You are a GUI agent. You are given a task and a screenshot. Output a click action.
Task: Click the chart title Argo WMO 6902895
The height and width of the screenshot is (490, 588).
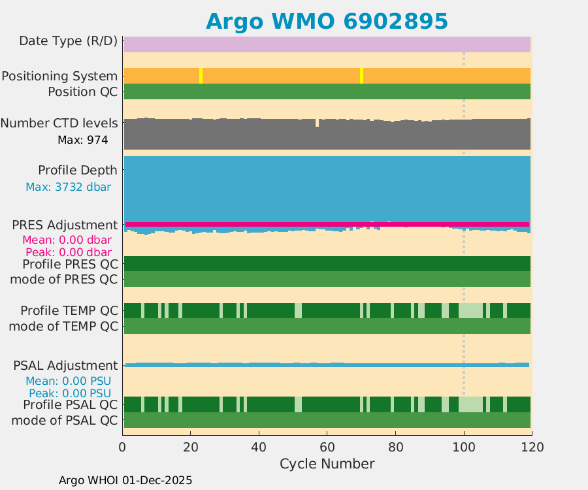(327, 21)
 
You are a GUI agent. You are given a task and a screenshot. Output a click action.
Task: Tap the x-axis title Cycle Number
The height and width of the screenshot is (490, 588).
(327, 464)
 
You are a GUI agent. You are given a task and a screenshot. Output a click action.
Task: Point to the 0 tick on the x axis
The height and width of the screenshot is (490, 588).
(122, 448)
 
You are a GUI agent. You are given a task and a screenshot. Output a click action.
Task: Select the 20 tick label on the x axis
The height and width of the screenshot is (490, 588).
(190, 448)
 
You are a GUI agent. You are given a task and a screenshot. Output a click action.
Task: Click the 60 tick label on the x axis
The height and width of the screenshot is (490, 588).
(327, 448)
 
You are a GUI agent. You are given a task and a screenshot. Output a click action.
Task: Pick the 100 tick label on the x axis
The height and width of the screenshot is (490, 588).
(463, 448)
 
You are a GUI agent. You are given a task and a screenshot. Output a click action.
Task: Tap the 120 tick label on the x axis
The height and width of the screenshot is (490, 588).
(532, 448)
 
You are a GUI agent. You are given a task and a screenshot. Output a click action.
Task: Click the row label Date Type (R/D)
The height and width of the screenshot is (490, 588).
(69, 41)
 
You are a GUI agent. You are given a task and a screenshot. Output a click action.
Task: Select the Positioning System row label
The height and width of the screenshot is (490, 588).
(59, 76)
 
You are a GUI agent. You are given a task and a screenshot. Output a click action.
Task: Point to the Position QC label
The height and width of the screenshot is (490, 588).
(83, 91)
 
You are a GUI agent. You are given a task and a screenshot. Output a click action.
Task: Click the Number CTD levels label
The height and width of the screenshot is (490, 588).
(59, 123)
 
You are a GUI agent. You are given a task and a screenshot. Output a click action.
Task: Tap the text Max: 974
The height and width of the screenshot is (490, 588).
(82, 139)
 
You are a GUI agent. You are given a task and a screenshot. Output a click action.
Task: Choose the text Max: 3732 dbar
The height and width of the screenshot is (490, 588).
(68, 187)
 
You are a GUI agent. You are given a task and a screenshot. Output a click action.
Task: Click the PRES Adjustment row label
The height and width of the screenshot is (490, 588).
(65, 225)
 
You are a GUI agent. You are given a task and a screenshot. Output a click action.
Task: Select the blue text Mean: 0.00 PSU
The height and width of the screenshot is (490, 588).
(68, 381)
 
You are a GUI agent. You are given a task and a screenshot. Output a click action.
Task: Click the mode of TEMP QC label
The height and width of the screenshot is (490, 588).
(64, 325)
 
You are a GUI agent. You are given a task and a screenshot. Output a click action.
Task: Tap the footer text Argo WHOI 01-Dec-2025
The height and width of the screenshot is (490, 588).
(125, 480)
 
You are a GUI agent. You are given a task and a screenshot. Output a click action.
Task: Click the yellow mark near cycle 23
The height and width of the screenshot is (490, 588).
(201, 76)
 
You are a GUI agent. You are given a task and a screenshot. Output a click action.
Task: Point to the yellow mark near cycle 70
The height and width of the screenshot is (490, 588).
(361, 76)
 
